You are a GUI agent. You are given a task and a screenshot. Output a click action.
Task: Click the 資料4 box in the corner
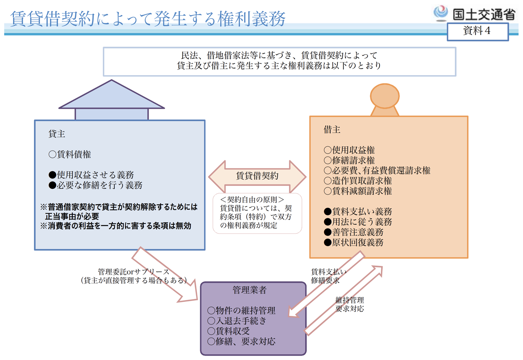pyautogui.click(x=477, y=31)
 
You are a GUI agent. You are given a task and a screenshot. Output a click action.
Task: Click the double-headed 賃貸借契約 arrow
pyautogui.click(x=257, y=176)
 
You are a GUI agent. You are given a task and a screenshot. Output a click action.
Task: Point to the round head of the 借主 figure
pyautogui.click(x=384, y=96)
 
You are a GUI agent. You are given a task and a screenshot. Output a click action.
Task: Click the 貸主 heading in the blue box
pyautogui.click(x=57, y=134)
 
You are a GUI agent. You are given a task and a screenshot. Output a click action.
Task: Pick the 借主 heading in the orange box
pyautogui.click(x=332, y=130)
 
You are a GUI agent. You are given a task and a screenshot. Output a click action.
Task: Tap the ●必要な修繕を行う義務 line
pyautogui.click(x=95, y=185)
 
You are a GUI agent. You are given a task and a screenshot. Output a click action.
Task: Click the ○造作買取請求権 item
pyautogui.click(x=358, y=181)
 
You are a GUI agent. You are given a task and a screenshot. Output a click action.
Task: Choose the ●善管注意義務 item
pyautogui.click(x=353, y=232)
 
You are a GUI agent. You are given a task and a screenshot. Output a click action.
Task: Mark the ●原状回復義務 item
pyautogui.click(x=353, y=242)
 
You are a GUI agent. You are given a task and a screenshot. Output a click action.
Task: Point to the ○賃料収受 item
pyautogui.click(x=228, y=331)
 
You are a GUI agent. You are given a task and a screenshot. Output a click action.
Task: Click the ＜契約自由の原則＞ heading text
pyautogui.click(x=252, y=200)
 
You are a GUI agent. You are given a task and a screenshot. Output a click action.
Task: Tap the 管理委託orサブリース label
pyautogui.click(x=133, y=272)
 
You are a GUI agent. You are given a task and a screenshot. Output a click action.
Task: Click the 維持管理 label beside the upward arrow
pyautogui.click(x=349, y=300)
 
